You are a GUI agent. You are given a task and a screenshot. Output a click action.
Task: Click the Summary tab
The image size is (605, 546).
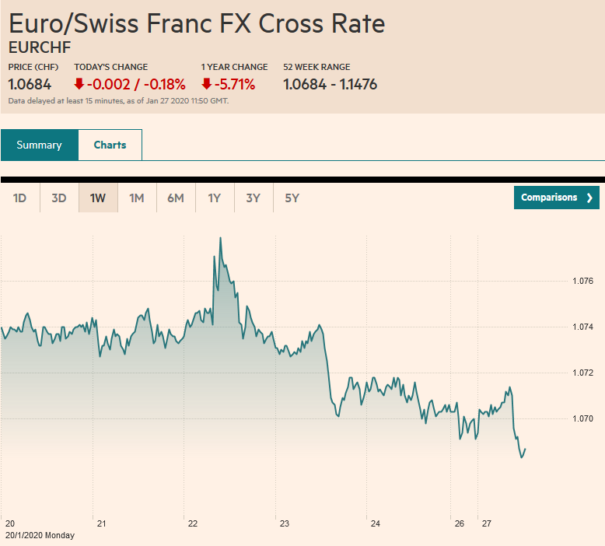tap(39, 145)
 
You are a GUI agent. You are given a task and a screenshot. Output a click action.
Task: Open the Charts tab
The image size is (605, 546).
tap(110, 145)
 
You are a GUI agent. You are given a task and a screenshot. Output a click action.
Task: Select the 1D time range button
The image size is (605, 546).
tap(20, 198)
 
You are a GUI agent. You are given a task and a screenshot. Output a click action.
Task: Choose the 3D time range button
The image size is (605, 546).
tap(59, 198)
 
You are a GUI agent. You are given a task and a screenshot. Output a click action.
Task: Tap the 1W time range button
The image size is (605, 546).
tap(98, 198)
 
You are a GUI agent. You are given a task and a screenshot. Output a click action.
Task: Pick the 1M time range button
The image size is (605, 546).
tap(137, 198)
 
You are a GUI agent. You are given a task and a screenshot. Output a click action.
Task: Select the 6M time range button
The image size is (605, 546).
tap(176, 198)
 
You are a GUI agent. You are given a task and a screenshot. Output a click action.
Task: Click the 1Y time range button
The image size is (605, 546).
tap(215, 198)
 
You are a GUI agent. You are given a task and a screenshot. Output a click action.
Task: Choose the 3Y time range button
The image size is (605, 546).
tap(254, 198)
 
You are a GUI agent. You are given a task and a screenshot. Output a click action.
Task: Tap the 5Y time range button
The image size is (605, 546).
tap(292, 198)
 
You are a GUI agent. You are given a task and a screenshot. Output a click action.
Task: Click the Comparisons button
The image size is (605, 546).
tap(556, 198)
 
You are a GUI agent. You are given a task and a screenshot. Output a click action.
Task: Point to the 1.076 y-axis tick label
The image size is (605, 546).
tap(582, 281)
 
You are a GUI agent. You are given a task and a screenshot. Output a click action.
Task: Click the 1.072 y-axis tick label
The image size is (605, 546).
tap(582, 373)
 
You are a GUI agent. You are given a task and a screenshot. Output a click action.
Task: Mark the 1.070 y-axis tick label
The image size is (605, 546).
tap(582, 419)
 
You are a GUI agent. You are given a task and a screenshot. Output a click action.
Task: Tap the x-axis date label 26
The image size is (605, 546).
tap(460, 523)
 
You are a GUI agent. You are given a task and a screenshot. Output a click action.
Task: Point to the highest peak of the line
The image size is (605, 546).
tap(220, 238)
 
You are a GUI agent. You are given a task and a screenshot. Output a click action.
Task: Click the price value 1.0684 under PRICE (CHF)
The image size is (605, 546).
tap(30, 84)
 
